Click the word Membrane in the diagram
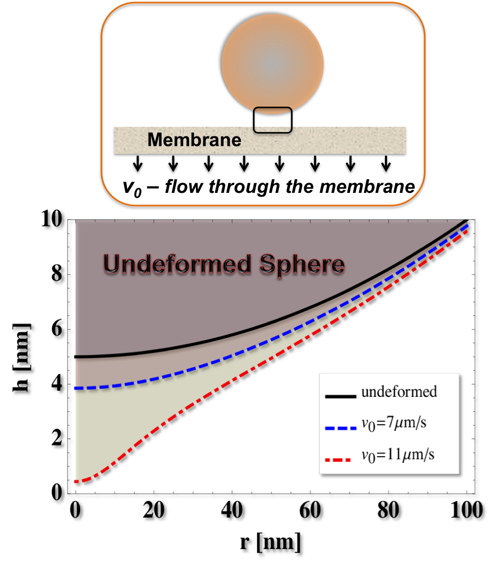195,140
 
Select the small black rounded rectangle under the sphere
273,120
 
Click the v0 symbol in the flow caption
133,187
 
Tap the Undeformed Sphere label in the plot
224,264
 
